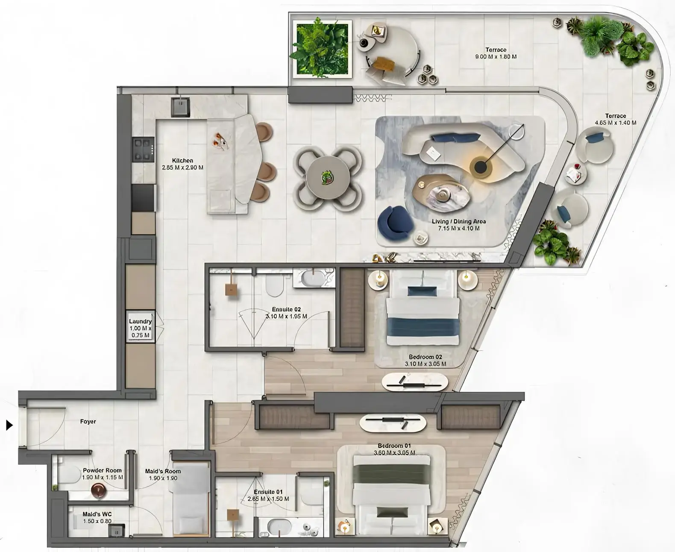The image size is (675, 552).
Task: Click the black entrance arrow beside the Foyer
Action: coord(9,425)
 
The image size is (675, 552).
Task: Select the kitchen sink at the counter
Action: coord(181,106)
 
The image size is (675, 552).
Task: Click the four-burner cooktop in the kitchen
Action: coord(143,150)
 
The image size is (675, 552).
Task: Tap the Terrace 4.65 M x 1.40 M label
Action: coord(615,119)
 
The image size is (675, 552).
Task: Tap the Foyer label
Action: coord(88,421)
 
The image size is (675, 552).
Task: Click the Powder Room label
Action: coord(102,473)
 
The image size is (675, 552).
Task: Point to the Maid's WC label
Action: coord(97,517)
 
